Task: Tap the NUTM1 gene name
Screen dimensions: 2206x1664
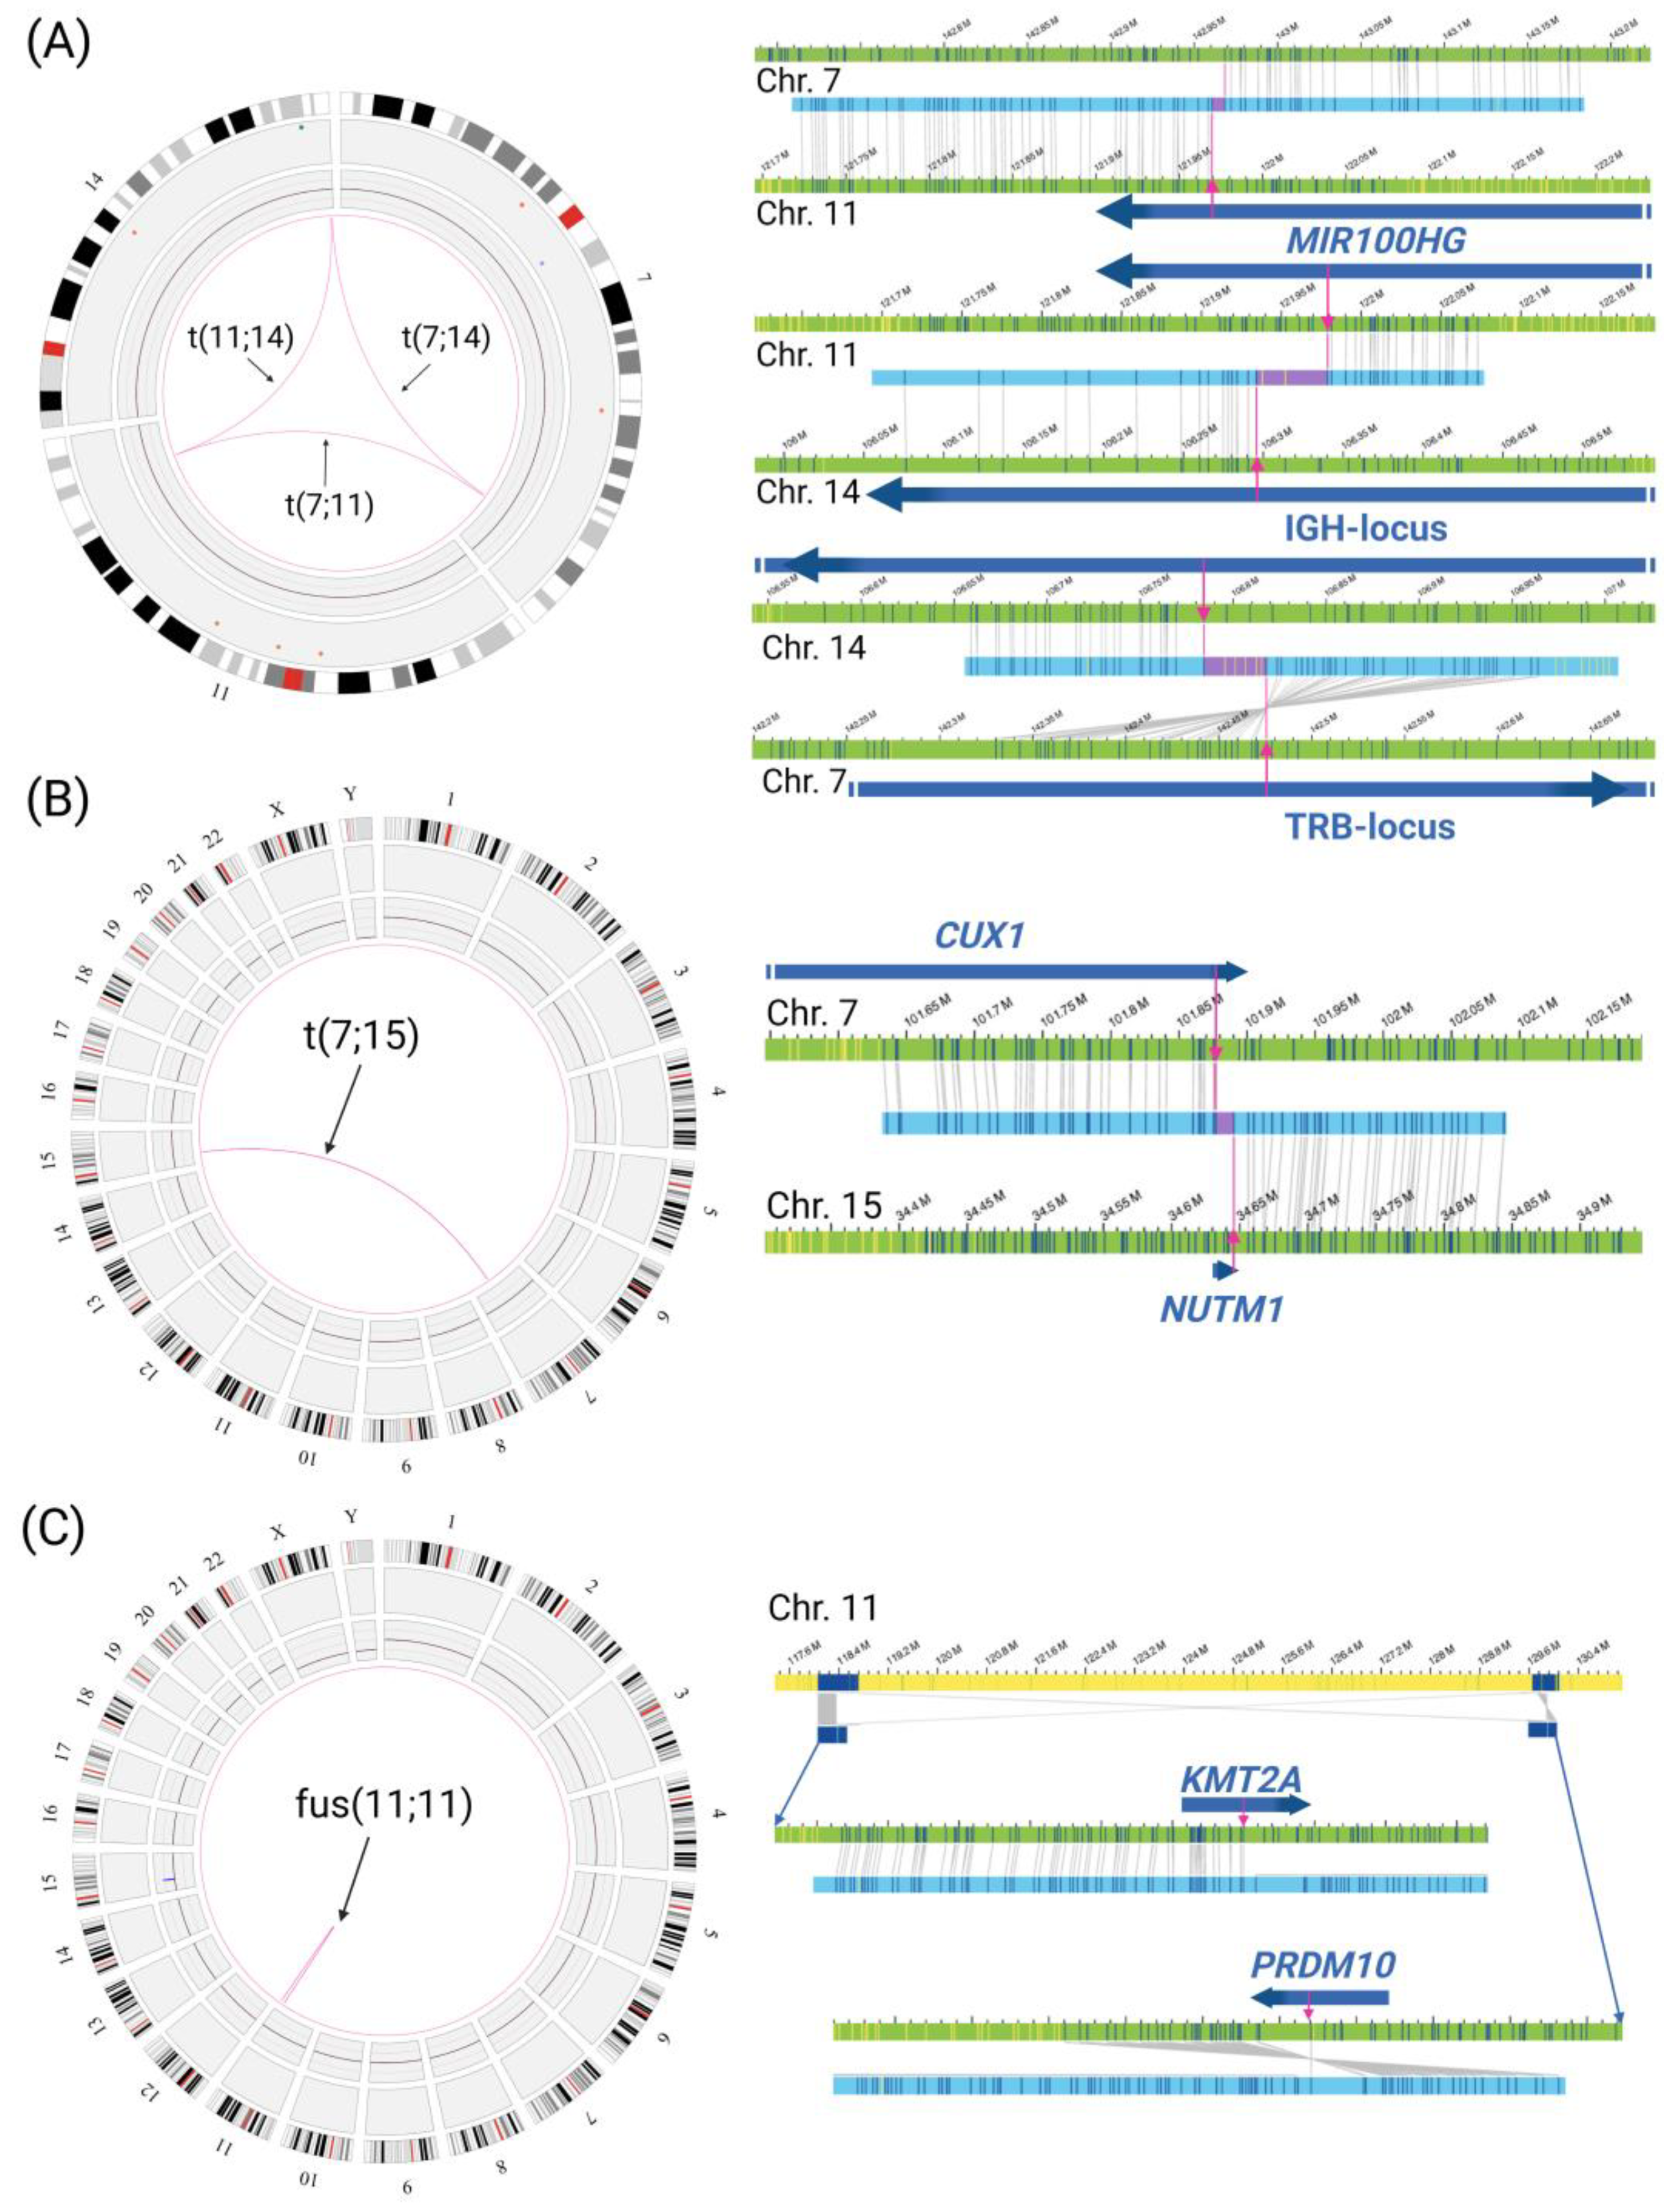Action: tap(1221, 1308)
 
